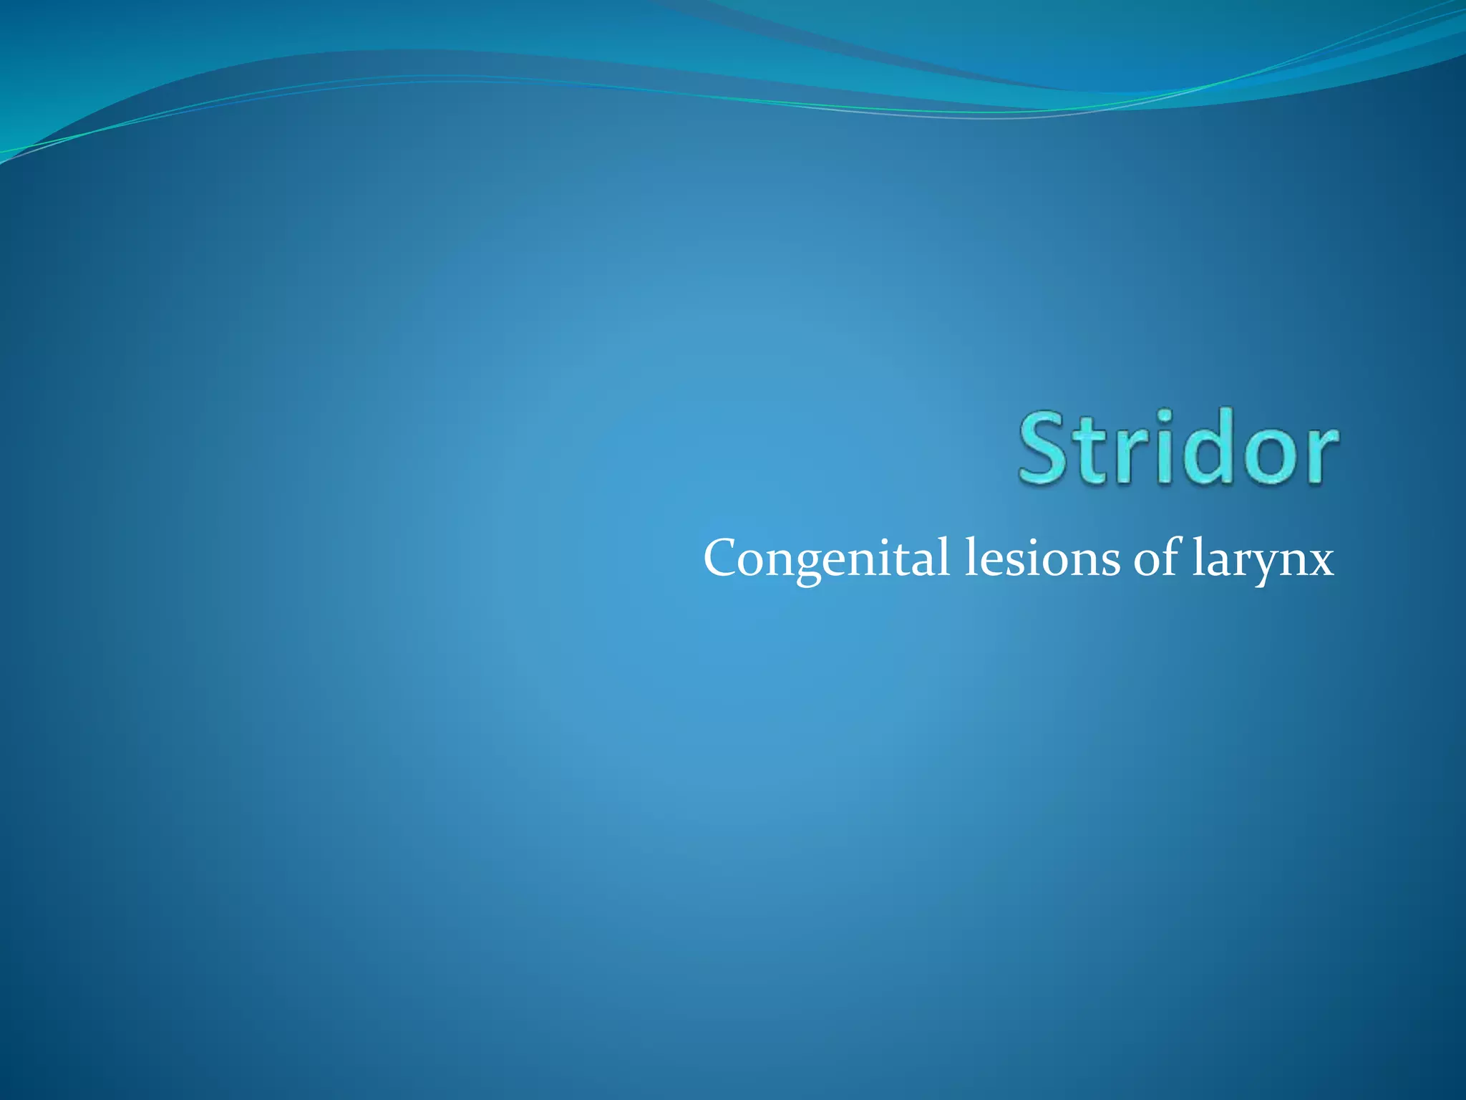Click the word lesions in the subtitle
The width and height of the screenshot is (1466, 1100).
click(1042, 559)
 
